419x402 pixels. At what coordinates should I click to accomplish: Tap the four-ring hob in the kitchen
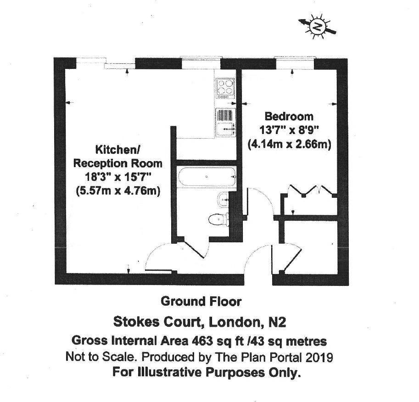pyautogui.click(x=224, y=87)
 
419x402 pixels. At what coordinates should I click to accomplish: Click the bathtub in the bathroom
pyautogui.click(x=207, y=177)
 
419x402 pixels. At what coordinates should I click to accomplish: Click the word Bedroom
pyautogui.click(x=289, y=117)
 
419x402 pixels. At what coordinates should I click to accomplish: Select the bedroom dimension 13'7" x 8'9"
pyautogui.click(x=289, y=130)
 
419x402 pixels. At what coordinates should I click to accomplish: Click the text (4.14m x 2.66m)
pyautogui.click(x=289, y=144)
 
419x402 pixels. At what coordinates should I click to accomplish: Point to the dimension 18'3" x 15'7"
pyautogui.click(x=118, y=177)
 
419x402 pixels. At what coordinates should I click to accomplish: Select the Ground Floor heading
pyautogui.click(x=201, y=301)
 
